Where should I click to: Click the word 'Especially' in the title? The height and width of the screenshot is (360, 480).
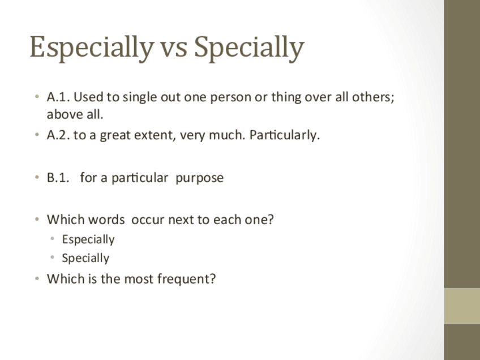click(x=92, y=48)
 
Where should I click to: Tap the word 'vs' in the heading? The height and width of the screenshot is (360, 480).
click(x=174, y=50)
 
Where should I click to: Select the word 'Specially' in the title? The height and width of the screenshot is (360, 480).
click(x=249, y=48)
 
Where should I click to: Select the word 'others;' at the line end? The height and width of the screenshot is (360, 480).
click(x=373, y=97)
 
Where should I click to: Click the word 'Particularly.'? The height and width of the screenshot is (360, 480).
click(x=284, y=135)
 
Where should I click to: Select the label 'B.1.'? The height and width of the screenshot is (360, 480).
click(x=58, y=178)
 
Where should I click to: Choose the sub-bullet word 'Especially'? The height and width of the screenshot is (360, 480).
click(x=88, y=239)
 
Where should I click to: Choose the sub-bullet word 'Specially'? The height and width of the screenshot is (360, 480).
click(x=85, y=258)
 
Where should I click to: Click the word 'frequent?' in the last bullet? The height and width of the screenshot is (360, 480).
click(x=186, y=279)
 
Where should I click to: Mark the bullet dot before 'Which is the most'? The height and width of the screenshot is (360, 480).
click(x=37, y=279)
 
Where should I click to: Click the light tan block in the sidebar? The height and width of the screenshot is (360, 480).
click(x=462, y=306)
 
